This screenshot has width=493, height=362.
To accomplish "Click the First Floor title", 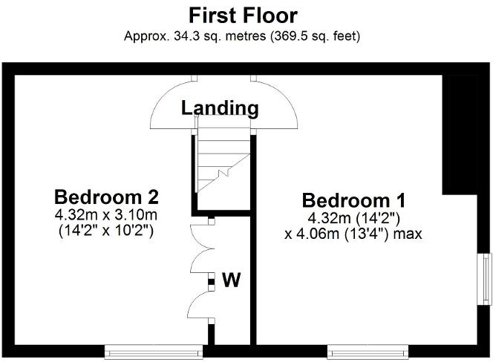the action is (x=243, y=16).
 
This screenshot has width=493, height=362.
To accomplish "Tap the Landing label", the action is (x=220, y=108).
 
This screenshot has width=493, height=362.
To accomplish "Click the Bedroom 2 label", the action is (x=106, y=197).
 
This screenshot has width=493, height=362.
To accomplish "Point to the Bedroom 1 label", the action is (x=353, y=200).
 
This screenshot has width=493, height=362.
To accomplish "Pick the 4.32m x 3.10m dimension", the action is (x=106, y=215).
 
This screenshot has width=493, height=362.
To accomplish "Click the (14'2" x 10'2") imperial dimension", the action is (x=106, y=231).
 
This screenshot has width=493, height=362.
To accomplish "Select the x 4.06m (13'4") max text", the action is (x=353, y=234).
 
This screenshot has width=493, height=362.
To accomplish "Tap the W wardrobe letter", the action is (x=232, y=280).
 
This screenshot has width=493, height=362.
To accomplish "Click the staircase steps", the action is (x=223, y=160).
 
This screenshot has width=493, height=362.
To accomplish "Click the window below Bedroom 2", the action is (x=154, y=352).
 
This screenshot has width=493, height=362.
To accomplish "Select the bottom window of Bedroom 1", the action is (x=368, y=352).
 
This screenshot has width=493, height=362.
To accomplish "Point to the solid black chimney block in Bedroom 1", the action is (x=460, y=134).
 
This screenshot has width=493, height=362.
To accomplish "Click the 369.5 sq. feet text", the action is (x=317, y=36).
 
